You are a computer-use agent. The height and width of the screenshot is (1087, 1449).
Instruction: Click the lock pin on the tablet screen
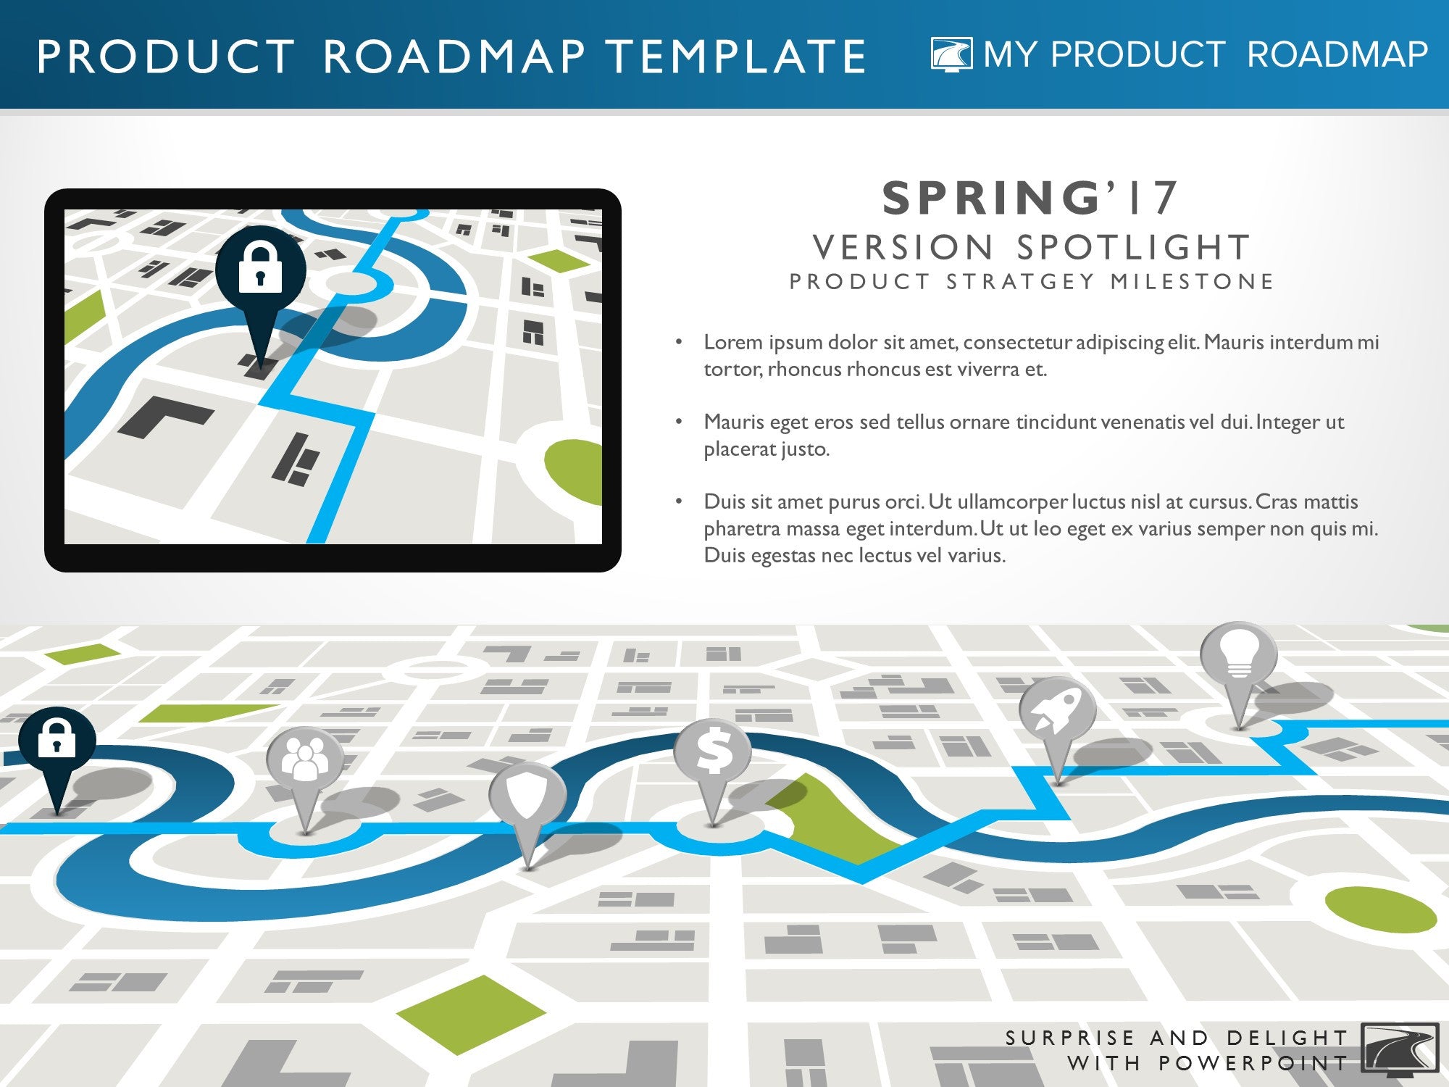[x=260, y=275]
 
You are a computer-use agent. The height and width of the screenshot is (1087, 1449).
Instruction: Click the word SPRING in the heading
[x=991, y=198]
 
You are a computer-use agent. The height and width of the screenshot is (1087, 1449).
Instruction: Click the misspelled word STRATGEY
[x=1022, y=281]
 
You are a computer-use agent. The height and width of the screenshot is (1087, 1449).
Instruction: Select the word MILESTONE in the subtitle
[x=1193, y=281]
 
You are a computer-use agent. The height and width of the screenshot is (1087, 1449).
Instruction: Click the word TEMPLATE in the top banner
[x=736, y=57]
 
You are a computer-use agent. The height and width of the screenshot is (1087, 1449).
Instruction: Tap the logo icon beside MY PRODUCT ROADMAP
[x=952, y=54]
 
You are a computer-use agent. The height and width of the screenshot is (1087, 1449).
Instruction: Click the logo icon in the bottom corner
[x=1400, y=1047]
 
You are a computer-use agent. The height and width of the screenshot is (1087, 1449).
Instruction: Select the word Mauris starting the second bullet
[x=737, y=422]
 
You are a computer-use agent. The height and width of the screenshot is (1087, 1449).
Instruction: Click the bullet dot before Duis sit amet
[x=679, y=501]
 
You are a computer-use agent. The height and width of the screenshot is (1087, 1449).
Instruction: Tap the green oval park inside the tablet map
[x=574, y=471]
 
